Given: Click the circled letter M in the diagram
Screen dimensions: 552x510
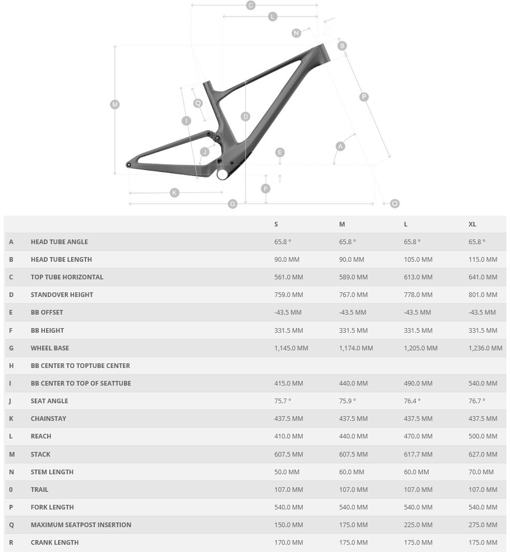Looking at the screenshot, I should point(115,104).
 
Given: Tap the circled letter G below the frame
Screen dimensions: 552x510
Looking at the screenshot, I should point(233,204).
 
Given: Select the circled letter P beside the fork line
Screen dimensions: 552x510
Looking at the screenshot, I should point(364,97).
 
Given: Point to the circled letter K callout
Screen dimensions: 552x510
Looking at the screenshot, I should point(174,193).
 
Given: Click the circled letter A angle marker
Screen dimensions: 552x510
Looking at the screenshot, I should point(341,146).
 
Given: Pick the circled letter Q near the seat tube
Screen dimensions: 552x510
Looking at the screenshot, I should point(197,103).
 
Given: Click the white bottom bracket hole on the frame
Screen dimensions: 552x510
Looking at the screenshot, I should point(222,174).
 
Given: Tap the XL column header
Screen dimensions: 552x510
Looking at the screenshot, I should point(472,224).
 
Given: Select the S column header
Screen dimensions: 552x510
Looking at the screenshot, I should point(276,224).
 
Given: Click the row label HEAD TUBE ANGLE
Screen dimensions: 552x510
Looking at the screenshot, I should point(59,242).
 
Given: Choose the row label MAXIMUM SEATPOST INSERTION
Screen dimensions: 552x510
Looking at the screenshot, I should point(81,525).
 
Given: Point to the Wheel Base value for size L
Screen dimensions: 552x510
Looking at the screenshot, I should point(420,348).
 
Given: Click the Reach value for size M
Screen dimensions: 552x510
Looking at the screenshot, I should point(353,436).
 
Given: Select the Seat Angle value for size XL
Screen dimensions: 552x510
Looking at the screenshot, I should point(477,401).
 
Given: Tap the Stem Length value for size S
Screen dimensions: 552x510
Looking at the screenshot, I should point(287,472).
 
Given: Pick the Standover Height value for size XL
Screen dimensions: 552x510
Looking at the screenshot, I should point(483,295).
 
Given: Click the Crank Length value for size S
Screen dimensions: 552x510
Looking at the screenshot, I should point(289,543).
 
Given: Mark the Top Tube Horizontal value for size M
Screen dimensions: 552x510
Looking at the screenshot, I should point(353,277).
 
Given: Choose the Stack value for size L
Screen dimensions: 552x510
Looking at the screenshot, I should point(418,455).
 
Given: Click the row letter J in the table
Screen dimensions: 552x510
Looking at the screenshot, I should point(10,401).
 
